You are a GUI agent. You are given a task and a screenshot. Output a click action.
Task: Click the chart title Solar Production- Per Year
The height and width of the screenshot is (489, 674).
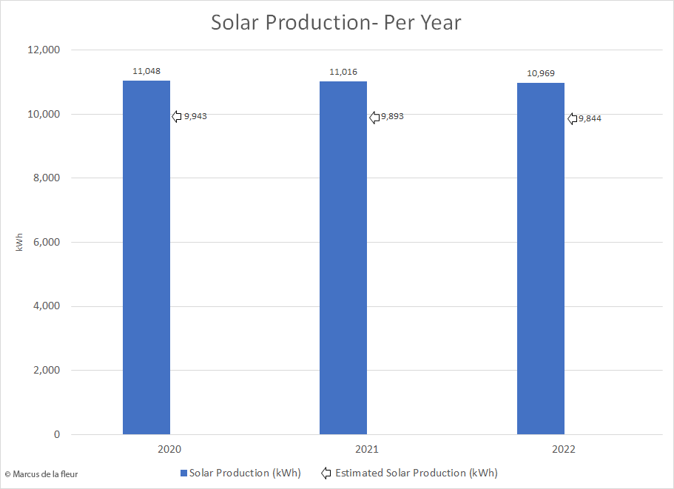(336, 22)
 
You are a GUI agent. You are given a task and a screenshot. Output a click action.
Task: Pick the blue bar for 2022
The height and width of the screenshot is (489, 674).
(540, 259)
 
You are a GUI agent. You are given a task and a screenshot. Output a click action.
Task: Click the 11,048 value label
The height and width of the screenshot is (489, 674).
(146, 71)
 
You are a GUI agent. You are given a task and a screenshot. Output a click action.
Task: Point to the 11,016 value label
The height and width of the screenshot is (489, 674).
(343, 72)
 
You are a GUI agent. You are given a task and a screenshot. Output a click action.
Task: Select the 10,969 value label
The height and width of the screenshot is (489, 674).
(540, 73)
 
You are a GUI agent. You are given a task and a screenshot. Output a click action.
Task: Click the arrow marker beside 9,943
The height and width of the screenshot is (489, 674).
(177, 116)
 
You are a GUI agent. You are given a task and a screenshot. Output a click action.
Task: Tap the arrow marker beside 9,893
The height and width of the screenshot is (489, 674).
(374, 117)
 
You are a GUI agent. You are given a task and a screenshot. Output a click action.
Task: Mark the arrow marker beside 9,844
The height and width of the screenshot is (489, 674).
(572, 118)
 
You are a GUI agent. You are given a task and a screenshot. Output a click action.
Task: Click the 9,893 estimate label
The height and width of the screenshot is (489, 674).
(392, 117)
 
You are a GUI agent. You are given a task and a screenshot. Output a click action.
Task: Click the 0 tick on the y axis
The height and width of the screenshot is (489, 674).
(56, 434)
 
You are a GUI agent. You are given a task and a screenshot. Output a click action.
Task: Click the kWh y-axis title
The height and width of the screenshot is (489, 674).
(19, 242)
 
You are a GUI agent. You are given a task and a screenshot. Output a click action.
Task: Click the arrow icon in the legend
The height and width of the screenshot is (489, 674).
(326, 473)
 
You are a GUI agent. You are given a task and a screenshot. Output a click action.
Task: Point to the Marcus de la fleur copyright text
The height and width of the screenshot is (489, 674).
(41, 474)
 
